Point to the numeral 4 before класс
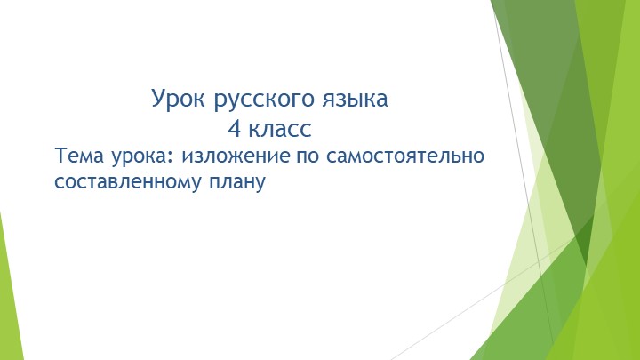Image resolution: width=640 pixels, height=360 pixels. [235, 128]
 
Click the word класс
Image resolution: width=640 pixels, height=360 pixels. [280, 128]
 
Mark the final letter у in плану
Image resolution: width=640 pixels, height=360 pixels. [261, 185]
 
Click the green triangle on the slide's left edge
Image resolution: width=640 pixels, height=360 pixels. [7, 293]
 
